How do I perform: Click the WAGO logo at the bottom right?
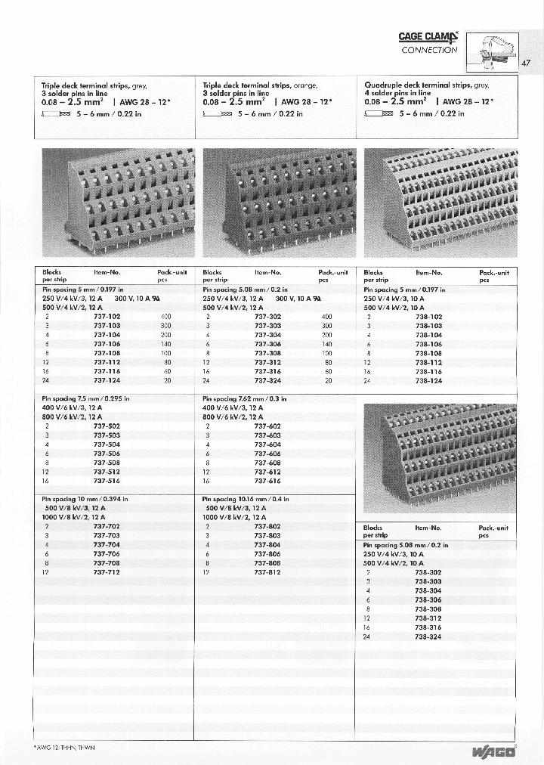pyautogui.click(x=495, y=751)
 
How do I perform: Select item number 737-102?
pyautogui.click(x=107, y=317)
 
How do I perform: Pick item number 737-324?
pyautogui.click(x=267, y=381)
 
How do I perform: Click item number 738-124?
pyautogui.click(x=428, y=381)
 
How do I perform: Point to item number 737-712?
pyautogui.click(x=107, y=572)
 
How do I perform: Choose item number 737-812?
pyautogui.click(x=267, y=572)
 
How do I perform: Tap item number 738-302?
pyautogui.click(x=428, y=573)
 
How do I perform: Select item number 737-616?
pyautogui.click(x=267, y=481)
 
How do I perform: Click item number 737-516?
pyautogui.click(x=107, y=481)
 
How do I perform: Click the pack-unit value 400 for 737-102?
pyautogui.click(x=166, y=317)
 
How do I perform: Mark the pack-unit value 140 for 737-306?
pyautogui.click(x=327, y=344)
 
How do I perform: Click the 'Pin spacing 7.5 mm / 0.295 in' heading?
pyautogui.click(x=85, y=398)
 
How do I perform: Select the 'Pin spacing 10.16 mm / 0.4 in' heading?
pyautogui.click(x=246, y=500)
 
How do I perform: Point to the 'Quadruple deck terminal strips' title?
pyautogui.click(x=426, y=85)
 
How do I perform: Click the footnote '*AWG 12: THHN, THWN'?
pyautogui.click(x=64, y=747)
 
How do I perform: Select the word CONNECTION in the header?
pyautogui.click(x=429, y=50)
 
